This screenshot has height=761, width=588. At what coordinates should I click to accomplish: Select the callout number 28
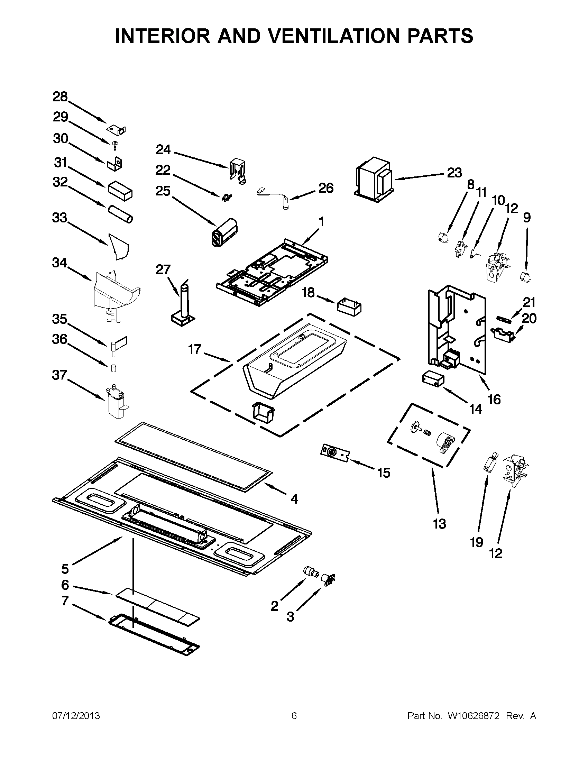(60, 97)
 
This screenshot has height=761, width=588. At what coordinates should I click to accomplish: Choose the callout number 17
(195, 349)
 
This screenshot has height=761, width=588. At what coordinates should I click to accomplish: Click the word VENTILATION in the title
(322, 36)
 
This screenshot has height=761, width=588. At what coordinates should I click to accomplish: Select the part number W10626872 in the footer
(474, 716)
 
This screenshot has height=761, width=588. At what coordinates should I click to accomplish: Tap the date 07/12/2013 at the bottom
(76, 716)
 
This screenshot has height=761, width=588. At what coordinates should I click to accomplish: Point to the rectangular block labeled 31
(120, 191)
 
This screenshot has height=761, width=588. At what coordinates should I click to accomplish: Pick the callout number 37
(59, 375)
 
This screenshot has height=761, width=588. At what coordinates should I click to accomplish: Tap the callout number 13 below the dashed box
(439, 533)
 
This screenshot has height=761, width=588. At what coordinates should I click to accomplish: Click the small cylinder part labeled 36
(113, 368)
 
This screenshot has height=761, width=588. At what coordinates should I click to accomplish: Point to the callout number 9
(527, 218)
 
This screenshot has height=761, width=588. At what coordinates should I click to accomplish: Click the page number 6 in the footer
(294, 716)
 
